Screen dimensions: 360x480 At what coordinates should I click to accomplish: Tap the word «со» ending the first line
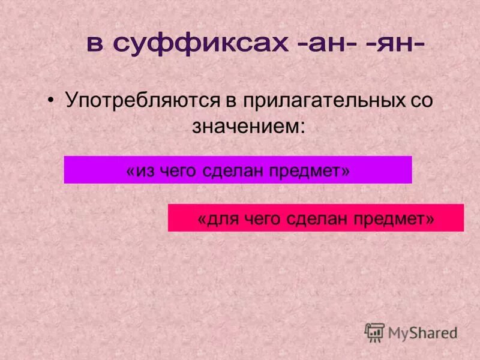tap(420, 100)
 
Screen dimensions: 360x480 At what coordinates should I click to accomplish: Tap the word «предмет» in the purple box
tap(306, 171)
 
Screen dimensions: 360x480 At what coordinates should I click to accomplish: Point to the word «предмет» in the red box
tap(390, 219)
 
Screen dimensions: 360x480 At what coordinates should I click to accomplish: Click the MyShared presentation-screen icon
tap(374, 332)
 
